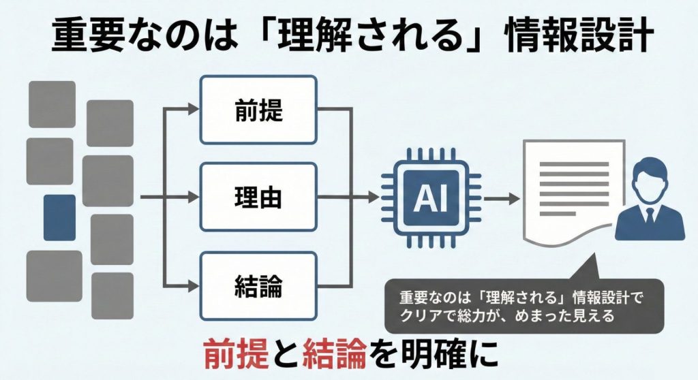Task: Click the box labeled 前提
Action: tap(258, 109)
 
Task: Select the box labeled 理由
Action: tap(258, 197)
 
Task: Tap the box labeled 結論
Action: tap(258, 285)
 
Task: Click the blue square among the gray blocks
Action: tap(59, 217)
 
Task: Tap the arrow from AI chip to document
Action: tap(502, 198)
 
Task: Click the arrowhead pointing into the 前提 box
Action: tap(194, 109)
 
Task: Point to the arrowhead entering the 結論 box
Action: tap(194, 285)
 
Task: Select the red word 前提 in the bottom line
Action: tap(235, 353)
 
